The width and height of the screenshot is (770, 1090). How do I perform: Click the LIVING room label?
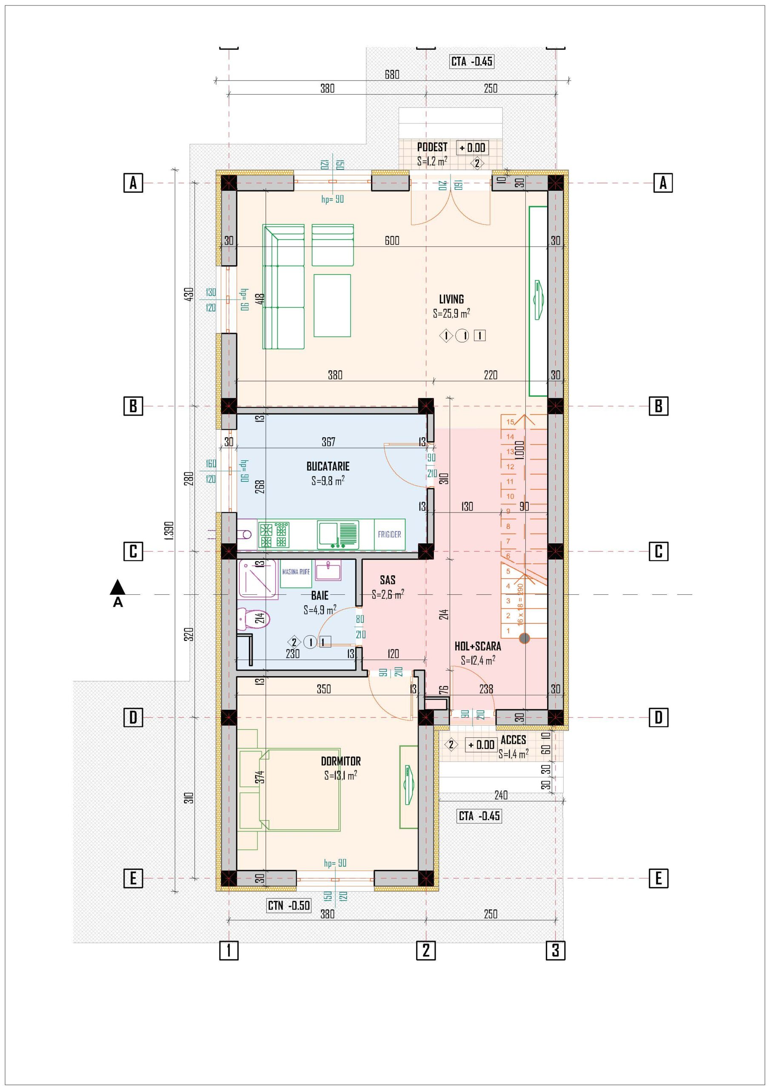451,299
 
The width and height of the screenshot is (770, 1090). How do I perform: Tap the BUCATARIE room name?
328,466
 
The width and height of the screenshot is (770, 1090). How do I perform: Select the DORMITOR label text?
341,761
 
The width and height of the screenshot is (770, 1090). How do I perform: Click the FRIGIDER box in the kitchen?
390,534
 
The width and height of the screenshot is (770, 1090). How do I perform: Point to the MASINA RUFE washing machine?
296,574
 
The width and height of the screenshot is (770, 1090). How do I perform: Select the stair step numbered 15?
510,422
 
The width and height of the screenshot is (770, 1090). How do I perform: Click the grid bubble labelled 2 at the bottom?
425,950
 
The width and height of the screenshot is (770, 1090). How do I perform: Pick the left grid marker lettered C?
133,552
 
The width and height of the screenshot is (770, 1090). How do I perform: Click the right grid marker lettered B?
659,406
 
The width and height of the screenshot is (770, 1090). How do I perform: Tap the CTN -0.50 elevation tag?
288,905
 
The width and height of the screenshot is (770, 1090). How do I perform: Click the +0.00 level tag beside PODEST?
473,148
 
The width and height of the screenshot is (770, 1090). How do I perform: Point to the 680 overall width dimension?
392,75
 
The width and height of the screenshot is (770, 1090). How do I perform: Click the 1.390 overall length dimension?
171,529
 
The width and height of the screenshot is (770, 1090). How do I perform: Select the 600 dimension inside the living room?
392,241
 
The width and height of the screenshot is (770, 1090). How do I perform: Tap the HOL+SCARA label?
478,646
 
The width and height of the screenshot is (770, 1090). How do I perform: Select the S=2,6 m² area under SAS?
388,594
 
